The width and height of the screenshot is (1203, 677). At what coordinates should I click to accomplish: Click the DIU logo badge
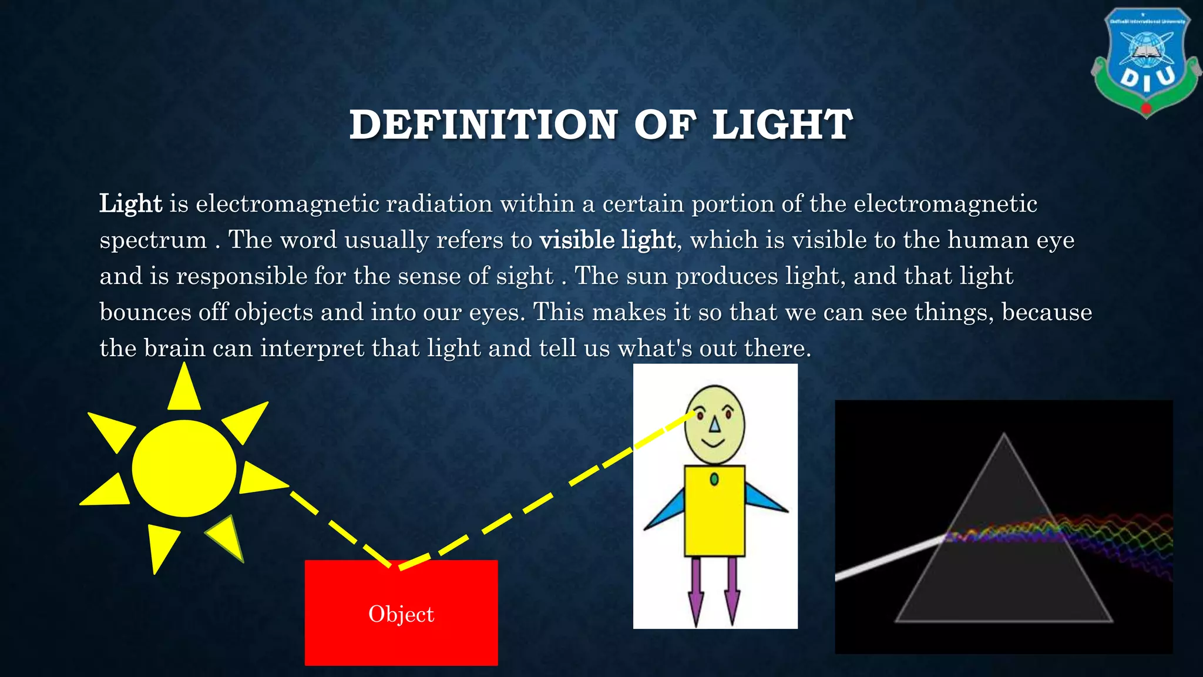[x=1145, y=62]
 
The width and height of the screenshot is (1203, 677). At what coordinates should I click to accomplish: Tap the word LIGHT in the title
[x=782, y=125]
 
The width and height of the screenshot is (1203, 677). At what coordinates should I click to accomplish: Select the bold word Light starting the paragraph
[x=130, y=204]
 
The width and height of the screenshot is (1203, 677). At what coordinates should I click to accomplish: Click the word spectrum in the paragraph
[x=153, y=240]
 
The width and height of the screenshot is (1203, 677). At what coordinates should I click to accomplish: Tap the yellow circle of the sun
[x=184, y=468]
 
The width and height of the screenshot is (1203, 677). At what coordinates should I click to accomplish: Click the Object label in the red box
[x=401, y=614]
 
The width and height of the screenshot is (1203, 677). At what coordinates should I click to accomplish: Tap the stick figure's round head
[x=715, y=424]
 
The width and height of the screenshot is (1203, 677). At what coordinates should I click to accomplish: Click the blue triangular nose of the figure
[x=714, y=424]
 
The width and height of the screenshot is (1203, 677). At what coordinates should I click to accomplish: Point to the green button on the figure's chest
[x=714, y=480]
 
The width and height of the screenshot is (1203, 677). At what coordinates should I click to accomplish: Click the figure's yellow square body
[x=714, y=517]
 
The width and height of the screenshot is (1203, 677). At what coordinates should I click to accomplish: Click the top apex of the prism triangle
[x=1004, y=436]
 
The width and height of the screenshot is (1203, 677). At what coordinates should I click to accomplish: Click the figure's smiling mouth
[x=714, y=443]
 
